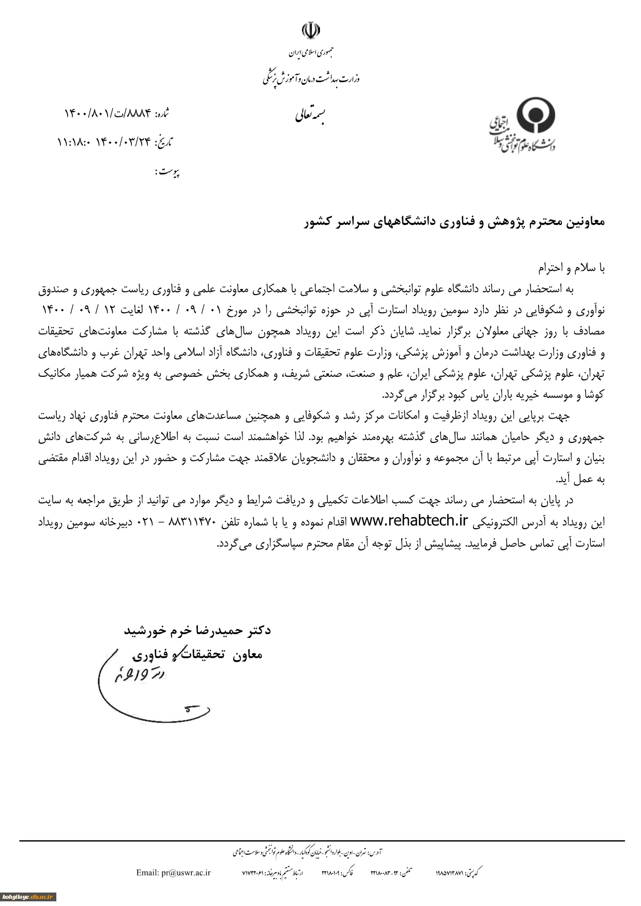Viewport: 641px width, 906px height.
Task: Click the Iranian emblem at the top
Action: (x=309, y=30)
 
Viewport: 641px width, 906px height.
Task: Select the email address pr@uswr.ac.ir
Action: (x=173, y=872)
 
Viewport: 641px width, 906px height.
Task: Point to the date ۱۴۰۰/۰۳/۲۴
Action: (x=123, y=142)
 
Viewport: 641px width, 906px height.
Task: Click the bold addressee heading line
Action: (x=453, y=222)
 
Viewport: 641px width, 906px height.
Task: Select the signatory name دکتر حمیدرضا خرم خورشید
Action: (x=197, y=631)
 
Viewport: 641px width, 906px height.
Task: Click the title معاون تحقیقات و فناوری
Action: (x=197, y=655)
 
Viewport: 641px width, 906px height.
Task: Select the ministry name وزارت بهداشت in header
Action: (x=311, y=78)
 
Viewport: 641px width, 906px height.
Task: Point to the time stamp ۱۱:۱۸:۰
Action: (x=74, y=142)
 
